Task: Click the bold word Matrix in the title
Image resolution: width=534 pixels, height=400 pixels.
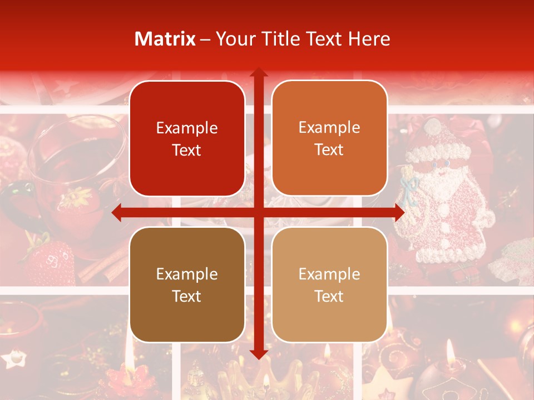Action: click(x=165, y=39)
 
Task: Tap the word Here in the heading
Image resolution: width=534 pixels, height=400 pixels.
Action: click(x=369, y=39)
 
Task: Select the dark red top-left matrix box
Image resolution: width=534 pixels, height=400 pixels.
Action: click(x=187, y=138)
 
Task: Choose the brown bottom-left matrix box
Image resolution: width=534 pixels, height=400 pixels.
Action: click(x=187, y=284)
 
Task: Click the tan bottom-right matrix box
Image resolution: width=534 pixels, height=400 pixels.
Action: click(x=329, y=284)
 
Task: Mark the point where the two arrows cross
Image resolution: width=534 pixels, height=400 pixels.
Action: click(x=258, y=212)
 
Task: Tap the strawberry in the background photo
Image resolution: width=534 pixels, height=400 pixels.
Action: click(x=48, y=261)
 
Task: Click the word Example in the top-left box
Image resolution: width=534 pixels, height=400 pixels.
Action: click(x=187, y=128)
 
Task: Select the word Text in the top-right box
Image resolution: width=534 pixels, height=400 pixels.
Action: click(x=329, y=149)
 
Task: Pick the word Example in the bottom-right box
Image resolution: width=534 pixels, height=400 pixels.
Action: click(x=329, y=274)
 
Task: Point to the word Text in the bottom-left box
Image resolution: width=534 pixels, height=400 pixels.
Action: click(x=187, y=296)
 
